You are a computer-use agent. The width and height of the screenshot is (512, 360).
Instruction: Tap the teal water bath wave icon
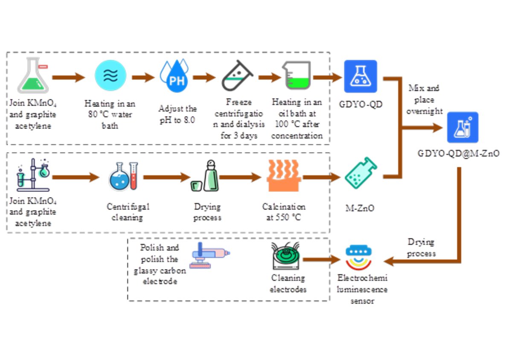(111, 76)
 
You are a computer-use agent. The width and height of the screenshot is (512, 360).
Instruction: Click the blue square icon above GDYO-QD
(361, 76)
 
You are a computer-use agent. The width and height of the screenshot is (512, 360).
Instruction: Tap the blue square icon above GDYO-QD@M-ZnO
(463, 127)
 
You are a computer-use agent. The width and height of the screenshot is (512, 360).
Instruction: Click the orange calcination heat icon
(284, 176)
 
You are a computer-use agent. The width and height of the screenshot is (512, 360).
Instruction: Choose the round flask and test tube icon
(123, 176)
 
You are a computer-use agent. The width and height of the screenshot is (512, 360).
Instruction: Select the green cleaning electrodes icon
(286, 256)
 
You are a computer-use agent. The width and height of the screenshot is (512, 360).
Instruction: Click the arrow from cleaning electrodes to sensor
(322, 259)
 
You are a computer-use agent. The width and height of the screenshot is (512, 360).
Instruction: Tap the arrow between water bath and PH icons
(143, 77)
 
